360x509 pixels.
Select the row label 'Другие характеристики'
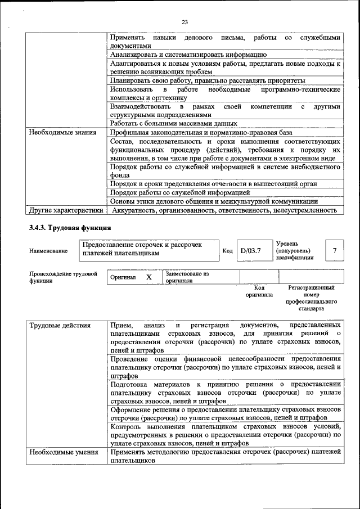click(x=66, y=210)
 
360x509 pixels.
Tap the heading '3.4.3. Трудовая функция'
click(x=70, y=228)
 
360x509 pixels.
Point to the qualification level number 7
click(x=335, y=251)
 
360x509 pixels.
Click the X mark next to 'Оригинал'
click(x=149, y=277)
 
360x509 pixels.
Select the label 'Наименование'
click(x=48, y=251)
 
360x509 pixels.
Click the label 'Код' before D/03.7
click(x=227, y=251)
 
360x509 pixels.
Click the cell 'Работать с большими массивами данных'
click(x=173, y=124)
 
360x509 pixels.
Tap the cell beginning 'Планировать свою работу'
click(x=208, y=80)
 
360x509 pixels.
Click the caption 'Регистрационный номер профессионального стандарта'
click(x=311, y=298)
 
